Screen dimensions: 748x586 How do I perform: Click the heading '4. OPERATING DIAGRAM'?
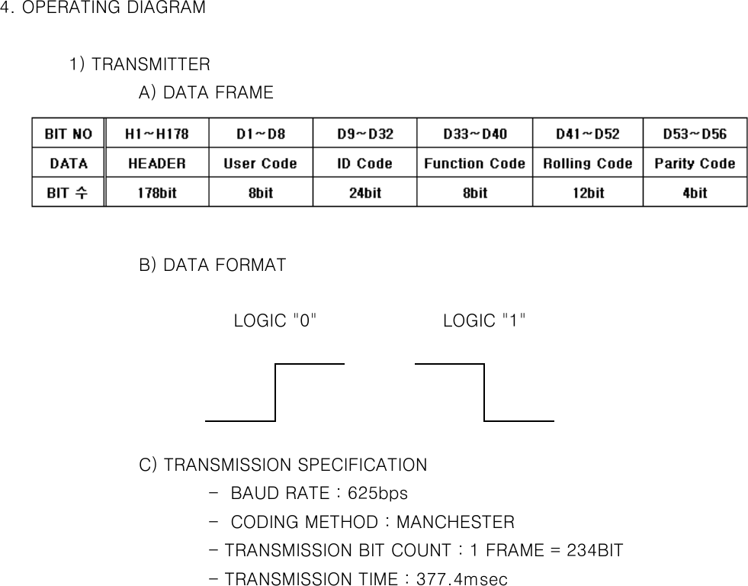(103, 8)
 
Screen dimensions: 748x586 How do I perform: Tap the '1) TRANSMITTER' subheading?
(140, 63)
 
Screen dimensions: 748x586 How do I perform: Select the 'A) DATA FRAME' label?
(206, 93)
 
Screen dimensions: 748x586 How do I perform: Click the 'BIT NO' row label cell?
(68, 134)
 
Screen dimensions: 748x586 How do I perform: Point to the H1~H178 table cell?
(156, 134)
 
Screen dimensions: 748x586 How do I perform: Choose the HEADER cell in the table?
(156, 163)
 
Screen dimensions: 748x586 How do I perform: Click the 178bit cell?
(156, 192)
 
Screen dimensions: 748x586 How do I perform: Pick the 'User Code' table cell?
(260, 163)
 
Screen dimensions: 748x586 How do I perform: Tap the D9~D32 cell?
(365, 134)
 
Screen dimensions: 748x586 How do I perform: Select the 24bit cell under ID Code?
(365, 192)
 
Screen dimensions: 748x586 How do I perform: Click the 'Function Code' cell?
(474, 163)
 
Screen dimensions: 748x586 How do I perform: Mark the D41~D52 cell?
(587, 134)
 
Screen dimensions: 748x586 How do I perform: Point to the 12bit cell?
(587, 192)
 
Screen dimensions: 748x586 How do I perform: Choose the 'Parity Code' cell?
(695, 163)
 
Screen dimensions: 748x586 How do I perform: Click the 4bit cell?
(695, 192)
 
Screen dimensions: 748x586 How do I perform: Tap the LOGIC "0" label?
(275, 320)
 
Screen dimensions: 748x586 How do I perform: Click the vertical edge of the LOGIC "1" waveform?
(484, 392)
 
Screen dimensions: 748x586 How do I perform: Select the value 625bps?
(377, 494)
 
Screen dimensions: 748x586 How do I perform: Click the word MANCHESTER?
(455, 523)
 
